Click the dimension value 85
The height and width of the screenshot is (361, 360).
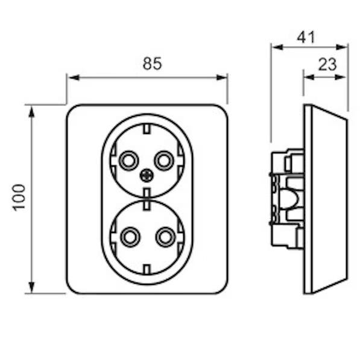click(x=152, y=63)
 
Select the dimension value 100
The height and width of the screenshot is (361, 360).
click(x=19, y=197)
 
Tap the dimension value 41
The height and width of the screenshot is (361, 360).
click(x=306, y=37)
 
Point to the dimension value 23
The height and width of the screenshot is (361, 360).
click(x=327, y=65)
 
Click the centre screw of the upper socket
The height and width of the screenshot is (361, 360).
click(x=147, y=176)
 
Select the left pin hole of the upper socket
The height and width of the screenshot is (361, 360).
click(x=128, y=161)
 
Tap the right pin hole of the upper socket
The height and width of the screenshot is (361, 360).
click(x=164, y=161)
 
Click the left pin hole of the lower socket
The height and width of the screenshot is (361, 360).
click(x=130, y=237)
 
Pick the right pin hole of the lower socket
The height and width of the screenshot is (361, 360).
click(x=165, y=237)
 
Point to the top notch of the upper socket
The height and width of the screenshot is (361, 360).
click(x=147, y=129)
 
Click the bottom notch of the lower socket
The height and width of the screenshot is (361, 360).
click(x=147, y=269)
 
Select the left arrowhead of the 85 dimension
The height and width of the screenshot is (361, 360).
click(x=74, y=78)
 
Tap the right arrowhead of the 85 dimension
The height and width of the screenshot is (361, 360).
click(x=222, y=78)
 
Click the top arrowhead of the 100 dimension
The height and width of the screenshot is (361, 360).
click(x=31, y=111)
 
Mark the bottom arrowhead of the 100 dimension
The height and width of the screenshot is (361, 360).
click(x=31, y=287)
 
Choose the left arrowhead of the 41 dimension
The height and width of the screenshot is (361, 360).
click(x=277, y=47)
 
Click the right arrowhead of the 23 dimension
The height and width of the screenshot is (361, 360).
click(x=341, y=77)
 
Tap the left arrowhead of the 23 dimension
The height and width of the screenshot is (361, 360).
click(x=309, y=77)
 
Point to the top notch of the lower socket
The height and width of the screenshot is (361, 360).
click(x=147, y=205)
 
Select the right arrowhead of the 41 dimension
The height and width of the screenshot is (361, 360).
click(x=341, y=47)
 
